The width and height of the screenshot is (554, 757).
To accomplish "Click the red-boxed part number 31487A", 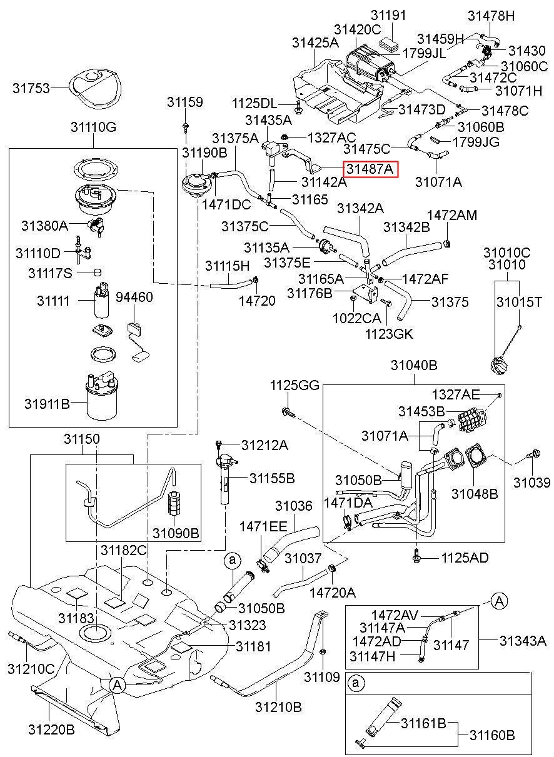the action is (370, 169).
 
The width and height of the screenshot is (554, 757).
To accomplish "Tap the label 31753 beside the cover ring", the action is (31, 88).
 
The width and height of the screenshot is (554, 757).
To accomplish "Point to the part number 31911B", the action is (47, 404).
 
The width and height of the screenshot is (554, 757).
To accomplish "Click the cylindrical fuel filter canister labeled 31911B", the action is (101, 396).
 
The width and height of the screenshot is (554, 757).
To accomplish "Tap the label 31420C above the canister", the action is (357, 30).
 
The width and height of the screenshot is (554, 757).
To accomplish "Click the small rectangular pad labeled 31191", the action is (388, 44).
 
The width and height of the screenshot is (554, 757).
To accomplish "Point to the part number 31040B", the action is (414, 364).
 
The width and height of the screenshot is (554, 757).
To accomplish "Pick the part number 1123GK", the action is (389, 334).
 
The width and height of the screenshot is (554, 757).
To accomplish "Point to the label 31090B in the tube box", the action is (176, 533).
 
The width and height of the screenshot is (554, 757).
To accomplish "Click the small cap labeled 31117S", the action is (97, 272).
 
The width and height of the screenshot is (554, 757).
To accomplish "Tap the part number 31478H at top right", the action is (491, 16).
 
